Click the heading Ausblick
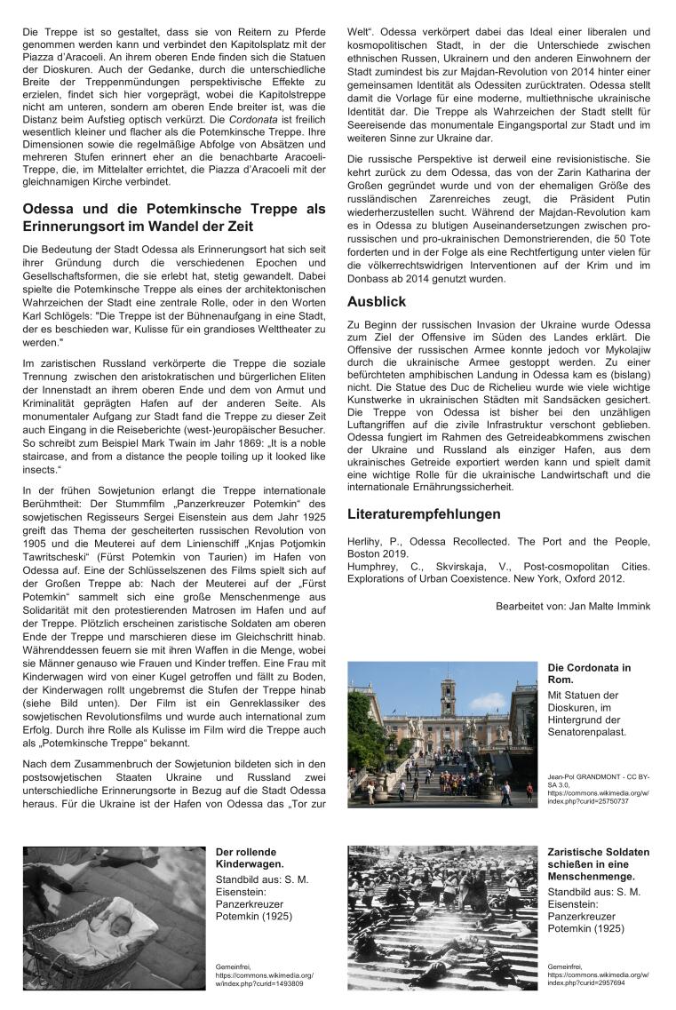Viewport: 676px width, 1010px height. click(376, 302)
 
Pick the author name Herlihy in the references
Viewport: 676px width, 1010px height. click(366, 541)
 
